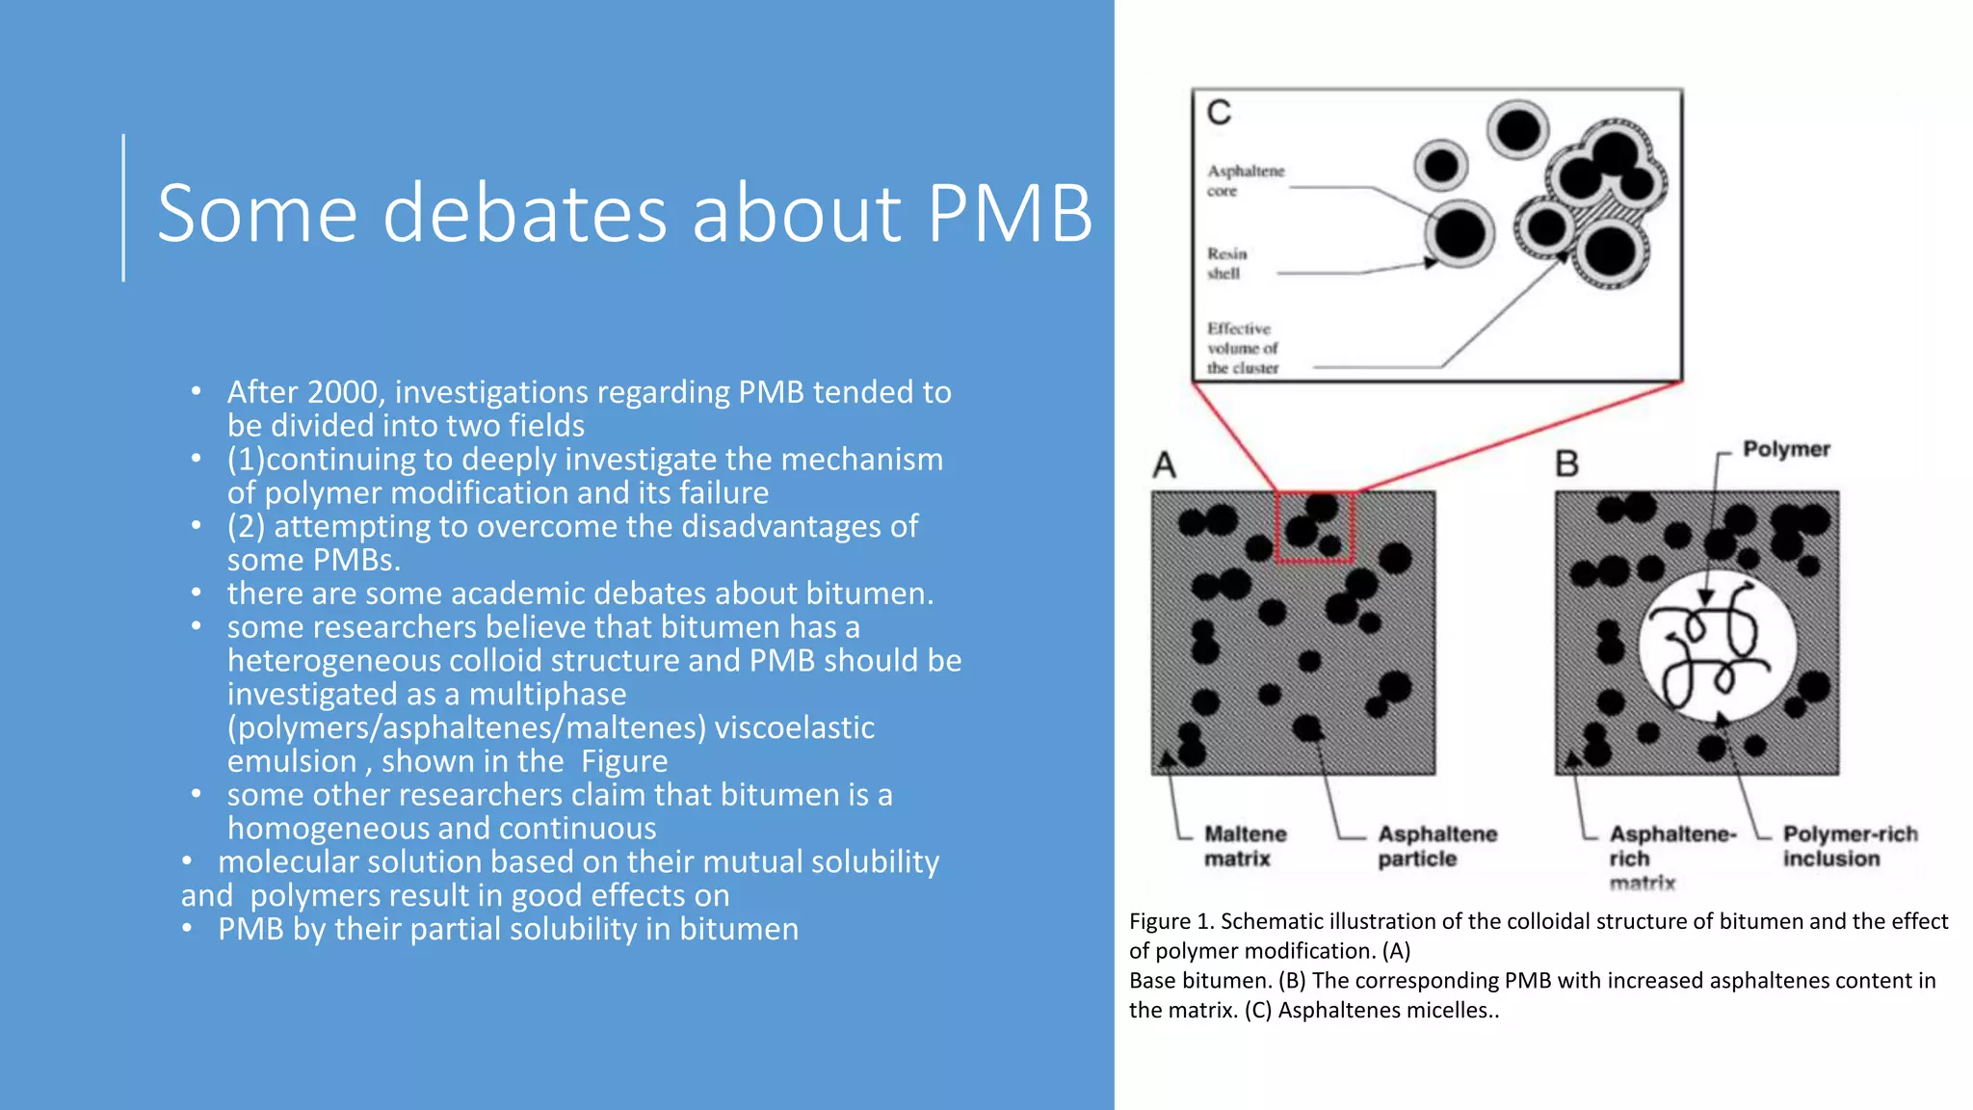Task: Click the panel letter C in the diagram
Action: (x=1219, y=113)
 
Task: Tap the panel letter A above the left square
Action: (x=1165, y=465)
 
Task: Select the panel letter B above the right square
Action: (x=1567, y=464)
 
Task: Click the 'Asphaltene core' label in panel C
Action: (x=1245, y=181)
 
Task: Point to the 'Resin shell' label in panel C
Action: (x=1226, y=263)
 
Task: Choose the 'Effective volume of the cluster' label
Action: (x=1243, y=348)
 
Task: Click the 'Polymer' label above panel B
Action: (x=1785, y=449)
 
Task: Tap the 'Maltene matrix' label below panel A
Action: (x=1245, y=846)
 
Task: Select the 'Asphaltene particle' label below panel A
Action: (x=1436, y=846)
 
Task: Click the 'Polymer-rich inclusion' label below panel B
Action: (x=1849, y=846)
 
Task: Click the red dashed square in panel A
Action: (x=1315, y=527)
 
